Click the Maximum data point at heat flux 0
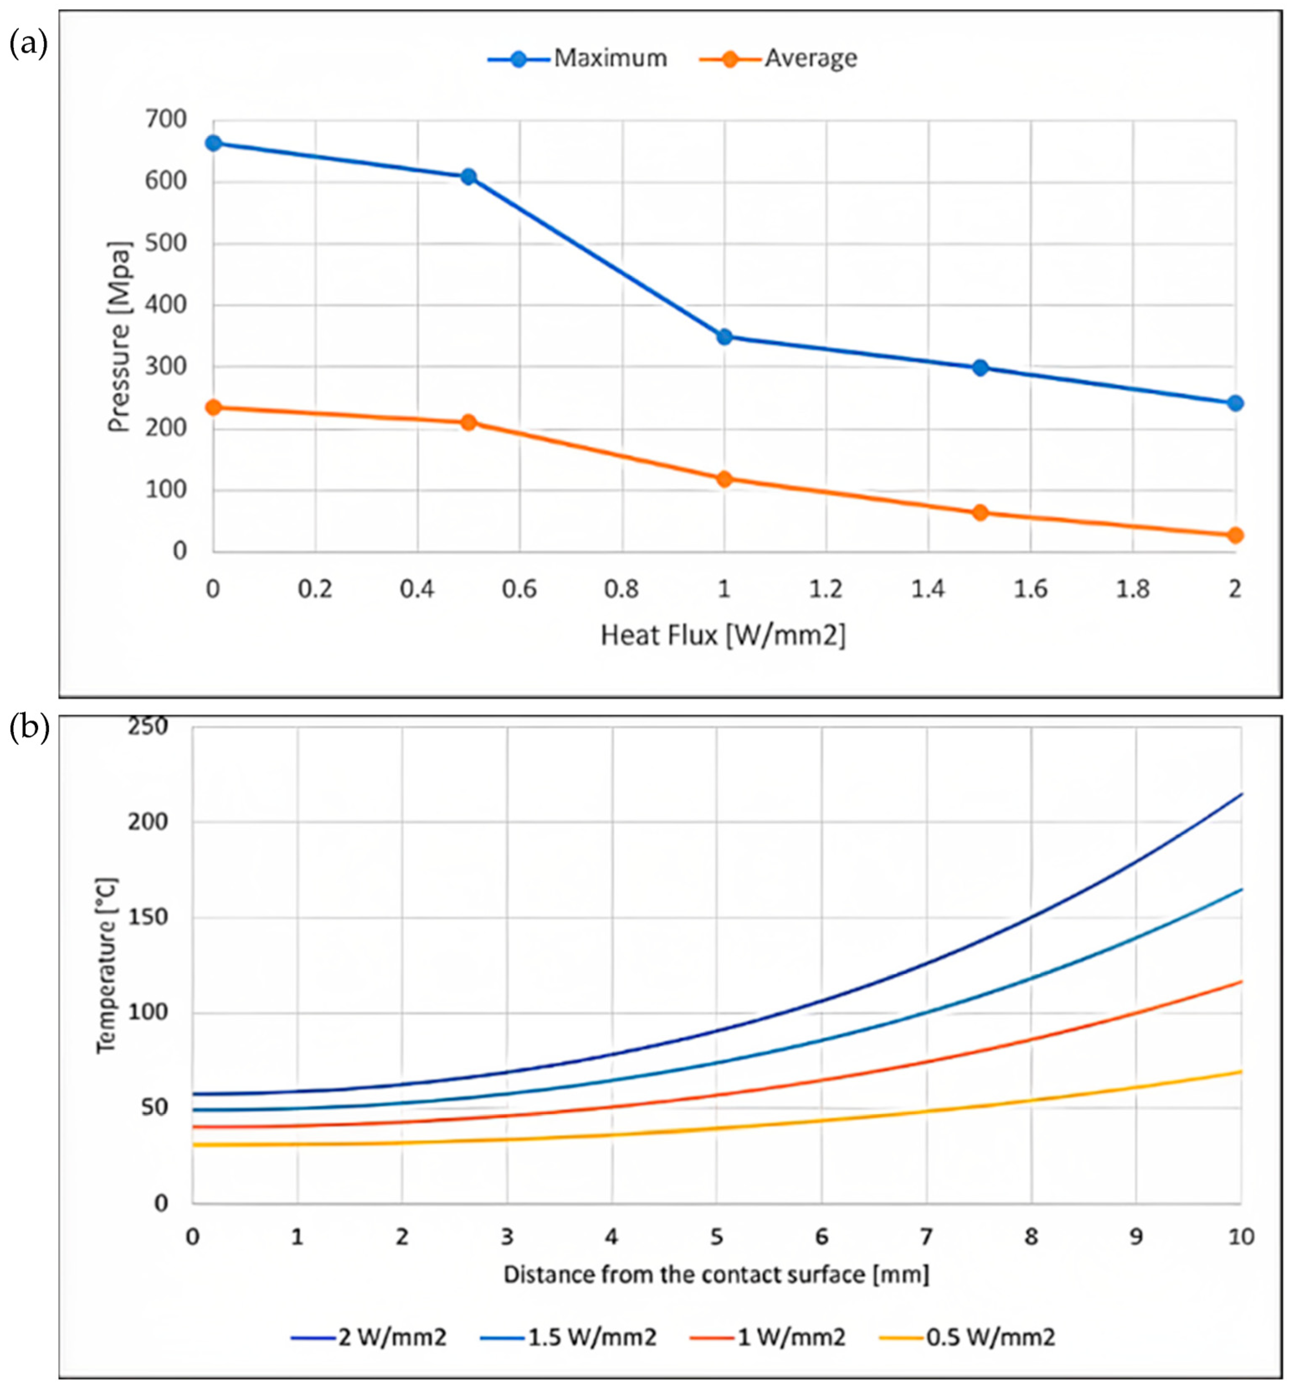(x=213, y=143)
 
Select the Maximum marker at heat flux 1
(x=724, y=337)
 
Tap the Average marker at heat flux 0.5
(x=468, y=422)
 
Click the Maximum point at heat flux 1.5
(x=980, y=368)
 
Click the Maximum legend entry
(x=578, y=59)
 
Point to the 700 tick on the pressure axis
(x=166, y=120)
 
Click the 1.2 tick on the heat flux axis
(x=826, y=589)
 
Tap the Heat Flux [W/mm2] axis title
(x=723, y=635)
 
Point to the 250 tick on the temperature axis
(x=148, y=727)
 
